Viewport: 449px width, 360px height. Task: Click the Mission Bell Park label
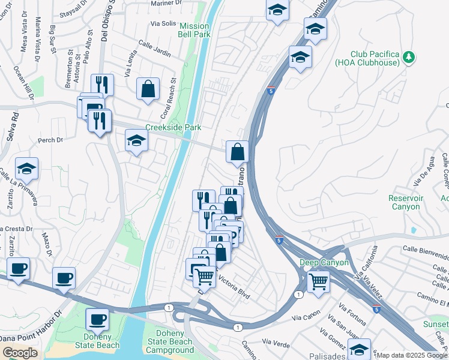pyautogui.click(x=194, y=30)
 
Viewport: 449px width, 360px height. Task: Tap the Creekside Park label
pyautogui.click(x=173, y=128)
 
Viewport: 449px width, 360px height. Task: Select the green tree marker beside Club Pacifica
pyautogui.click(x=409, y=57)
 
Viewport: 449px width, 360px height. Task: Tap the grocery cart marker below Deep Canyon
pyautogui.click(x=318, y=280)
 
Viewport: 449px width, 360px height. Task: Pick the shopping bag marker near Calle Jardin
pyautogui.click(x=148, y=89)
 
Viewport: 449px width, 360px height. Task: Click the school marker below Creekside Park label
pyautogui.click(x=136, y=142)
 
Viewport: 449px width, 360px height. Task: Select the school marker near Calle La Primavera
pyautogui.click(x=26, y=169)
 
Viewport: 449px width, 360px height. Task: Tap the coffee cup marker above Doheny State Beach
pyautogui.click(x=97, y=319)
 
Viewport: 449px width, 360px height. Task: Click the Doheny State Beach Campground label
pyautogui.click(x=170, y=341)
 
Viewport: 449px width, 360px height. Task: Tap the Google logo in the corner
pyautogui.click(x=20, y=353)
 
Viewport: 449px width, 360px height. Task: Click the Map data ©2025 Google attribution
pyautogui.click(x=411, y=355)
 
